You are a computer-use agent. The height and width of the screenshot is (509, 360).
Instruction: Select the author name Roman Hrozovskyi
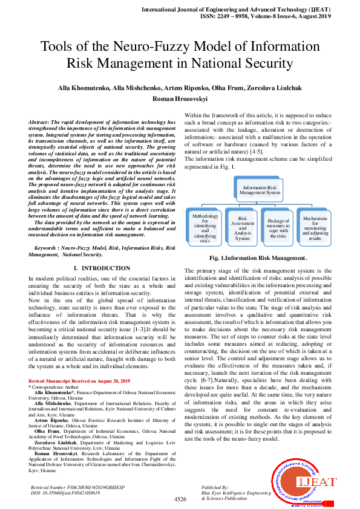pos(180,99)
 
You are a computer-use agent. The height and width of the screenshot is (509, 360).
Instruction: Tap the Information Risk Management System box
pos(261,190)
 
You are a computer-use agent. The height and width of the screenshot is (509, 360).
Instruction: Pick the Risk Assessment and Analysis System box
pos(242,228)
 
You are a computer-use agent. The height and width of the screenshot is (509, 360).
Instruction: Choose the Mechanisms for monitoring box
pos(315,227)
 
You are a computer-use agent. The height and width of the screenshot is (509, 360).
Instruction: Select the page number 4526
pos(180,499)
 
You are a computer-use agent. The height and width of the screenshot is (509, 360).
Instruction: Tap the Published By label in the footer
pos(215,487)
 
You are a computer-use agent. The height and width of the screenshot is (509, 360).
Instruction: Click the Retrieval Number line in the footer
pos(77,487)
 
